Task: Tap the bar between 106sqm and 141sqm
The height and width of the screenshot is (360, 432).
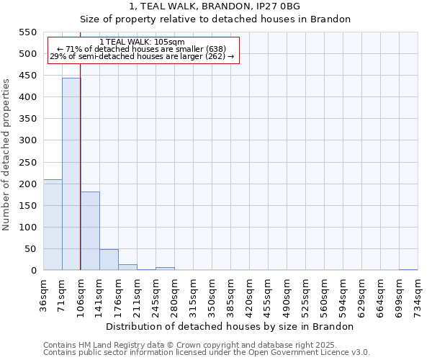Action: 90,231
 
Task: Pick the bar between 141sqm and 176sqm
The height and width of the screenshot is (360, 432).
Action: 109,260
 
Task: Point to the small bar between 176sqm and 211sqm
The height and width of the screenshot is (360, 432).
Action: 127,267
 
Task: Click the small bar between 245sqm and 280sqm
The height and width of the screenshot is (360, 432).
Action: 165,269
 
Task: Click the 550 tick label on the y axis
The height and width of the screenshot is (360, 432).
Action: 27,32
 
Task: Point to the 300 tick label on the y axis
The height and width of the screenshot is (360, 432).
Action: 27,140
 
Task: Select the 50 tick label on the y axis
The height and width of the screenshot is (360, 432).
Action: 29,249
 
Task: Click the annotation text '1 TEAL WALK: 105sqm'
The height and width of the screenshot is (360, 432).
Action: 142,42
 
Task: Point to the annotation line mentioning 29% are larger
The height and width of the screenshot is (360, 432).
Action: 142,56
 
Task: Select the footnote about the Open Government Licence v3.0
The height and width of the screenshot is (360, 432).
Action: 207,352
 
